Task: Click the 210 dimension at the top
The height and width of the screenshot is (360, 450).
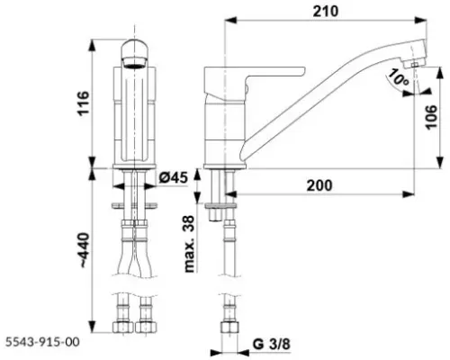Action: click(327, 11)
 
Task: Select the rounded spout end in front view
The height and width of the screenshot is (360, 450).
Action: click(132, 55)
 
